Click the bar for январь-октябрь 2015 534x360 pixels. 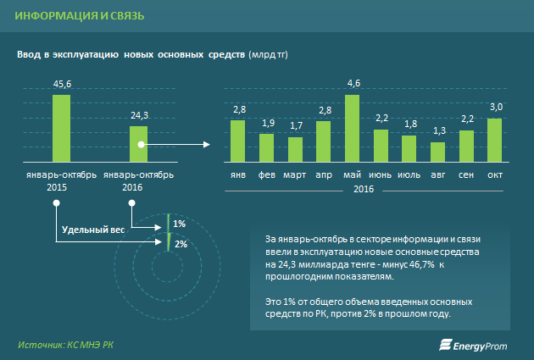tap(61, 127)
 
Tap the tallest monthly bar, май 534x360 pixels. tap(353, 127)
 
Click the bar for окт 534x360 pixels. tap(495, 139)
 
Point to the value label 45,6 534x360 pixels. tap(62, 85)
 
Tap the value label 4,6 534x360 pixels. tap(353, 83)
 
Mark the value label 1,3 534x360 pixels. tap(438, 131)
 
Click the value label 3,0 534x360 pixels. tap(496, 107)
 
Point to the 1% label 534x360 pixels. tap(179, 224)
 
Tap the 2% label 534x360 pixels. tap(180, 244)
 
